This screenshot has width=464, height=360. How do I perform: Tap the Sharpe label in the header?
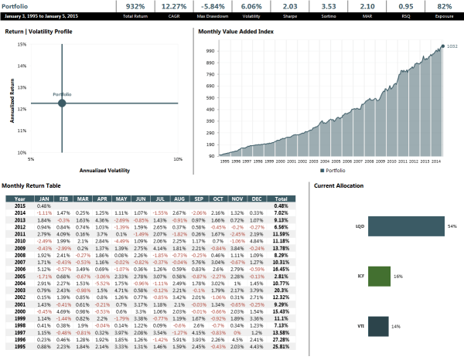(289, 15)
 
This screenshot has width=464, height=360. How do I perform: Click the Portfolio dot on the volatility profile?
(63, 103)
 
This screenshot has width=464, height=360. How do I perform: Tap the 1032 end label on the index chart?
(452, 46)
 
